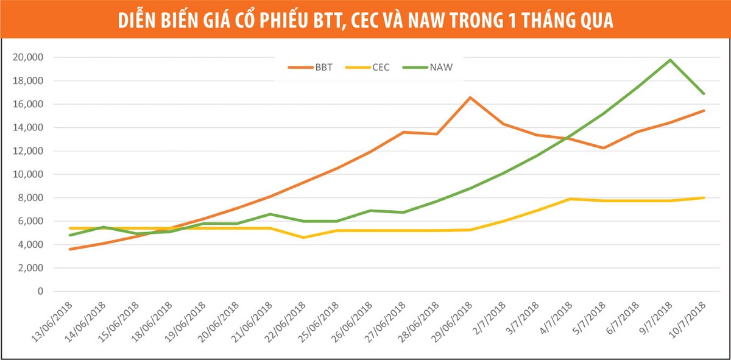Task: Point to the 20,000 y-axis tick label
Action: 29,57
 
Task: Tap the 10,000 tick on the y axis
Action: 29,174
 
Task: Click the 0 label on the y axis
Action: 41,291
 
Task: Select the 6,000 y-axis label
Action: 30,221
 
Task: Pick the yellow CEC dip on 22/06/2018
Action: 304,238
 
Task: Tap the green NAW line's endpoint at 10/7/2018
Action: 704,94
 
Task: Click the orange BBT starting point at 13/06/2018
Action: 71,249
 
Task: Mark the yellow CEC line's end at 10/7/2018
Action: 704,197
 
